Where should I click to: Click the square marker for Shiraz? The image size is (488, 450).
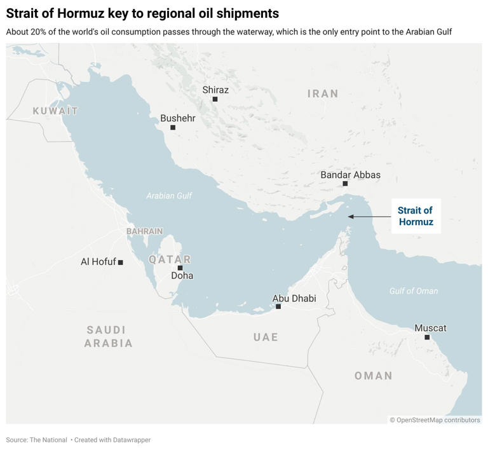(x=215, y=99)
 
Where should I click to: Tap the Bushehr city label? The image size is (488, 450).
(x=178, y=118)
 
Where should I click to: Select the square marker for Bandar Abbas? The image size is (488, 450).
(x=345, y=184)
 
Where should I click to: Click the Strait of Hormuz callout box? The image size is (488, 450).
(x=416, y=216)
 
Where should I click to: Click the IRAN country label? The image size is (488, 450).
(x=323, y=94)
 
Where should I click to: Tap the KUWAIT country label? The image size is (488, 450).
(x=55, y=111)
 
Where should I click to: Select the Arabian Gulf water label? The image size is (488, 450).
(x=169, y=196)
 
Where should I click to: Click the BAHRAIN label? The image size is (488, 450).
(x=144, y=231)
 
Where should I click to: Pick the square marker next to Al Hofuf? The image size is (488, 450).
(x=121, y=262)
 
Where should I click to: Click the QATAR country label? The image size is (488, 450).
(x=170, y=259)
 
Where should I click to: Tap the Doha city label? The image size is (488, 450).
(x=182, y=276)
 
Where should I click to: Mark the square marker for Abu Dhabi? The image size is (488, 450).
(x=278, y=306)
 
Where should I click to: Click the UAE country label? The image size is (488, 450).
(x=266, y=337)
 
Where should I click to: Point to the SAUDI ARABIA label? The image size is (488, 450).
(x=109, y=337)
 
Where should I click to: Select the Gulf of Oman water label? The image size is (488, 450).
(x=414, y=291)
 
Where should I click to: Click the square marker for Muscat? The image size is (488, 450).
(x=427, y=337)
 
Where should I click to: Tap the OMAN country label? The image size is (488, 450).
(x=373, y=376)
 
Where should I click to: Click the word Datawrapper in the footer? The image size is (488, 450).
(x=130, y=440)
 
